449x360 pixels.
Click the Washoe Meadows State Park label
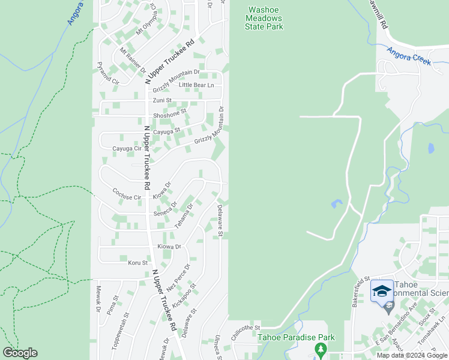pos(265,18)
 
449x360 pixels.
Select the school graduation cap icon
pos(382,291)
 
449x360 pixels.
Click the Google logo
pos(20,353)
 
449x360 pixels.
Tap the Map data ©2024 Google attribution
pos(412,355)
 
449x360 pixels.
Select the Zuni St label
pos(162,100)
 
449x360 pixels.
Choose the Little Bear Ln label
pos(196,85)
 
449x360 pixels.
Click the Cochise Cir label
pos(126,193)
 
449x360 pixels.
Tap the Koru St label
pos(137,263)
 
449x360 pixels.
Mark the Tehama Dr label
pos(184,215)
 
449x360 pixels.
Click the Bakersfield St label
pos(361,289)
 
